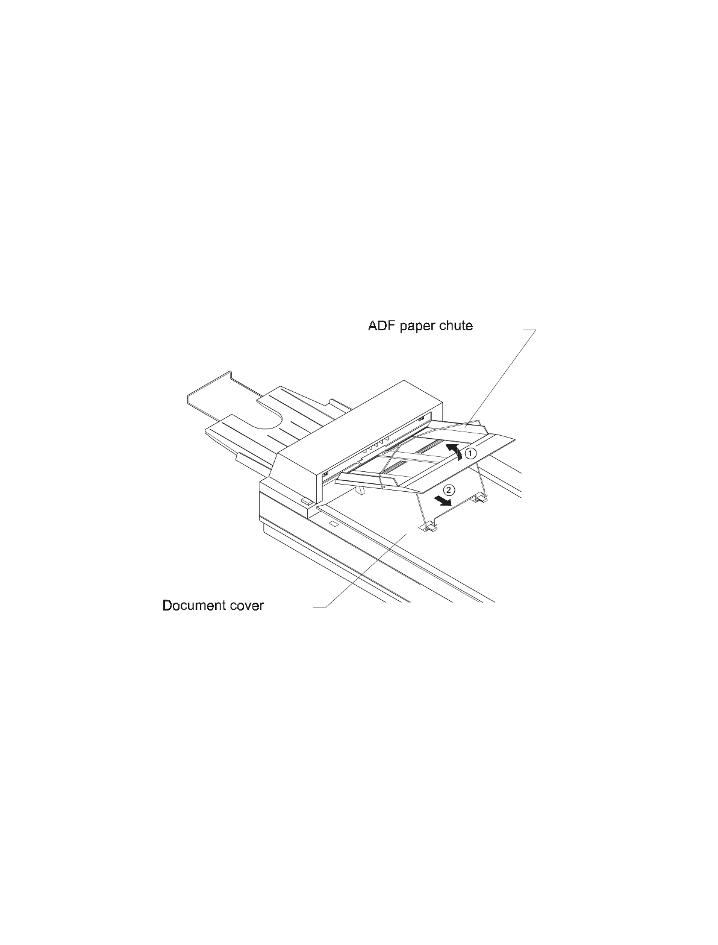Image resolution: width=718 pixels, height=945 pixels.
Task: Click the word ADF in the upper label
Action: click(381, 326)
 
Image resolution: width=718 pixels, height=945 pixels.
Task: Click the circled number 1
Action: click(473, 452)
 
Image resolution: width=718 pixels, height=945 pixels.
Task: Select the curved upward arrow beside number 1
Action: click(456, 453)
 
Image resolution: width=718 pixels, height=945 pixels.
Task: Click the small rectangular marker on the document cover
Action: click(332, 525)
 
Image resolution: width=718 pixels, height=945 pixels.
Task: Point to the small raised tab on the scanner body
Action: click(305, 500)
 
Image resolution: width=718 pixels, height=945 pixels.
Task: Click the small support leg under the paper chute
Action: click(361, 491)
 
